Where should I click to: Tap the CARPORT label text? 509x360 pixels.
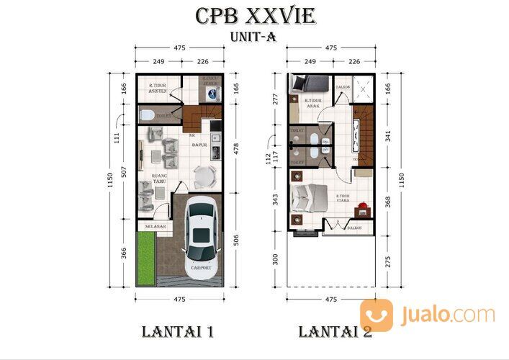pyautogui.click(x=201, y=268)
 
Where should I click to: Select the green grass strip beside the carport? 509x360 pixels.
pyautogui.click(x=147, y=255)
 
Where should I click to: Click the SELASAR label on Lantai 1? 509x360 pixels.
pyautogui.click(x=156, y=227)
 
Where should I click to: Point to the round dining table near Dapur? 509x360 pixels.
pyautogui.click(x=204, y=176)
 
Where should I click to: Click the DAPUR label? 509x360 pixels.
pyautogui.click(x=199, y=145)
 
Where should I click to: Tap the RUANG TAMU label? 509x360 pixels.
pyautogui.click(x=159, y=178)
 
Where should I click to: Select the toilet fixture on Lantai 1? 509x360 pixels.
pyautogui.click(x=145, y=114)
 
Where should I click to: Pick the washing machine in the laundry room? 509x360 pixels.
pyautogui.click(x=218, y=93)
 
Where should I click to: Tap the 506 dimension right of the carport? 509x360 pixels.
pyautogui.click(x=236, y=238)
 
